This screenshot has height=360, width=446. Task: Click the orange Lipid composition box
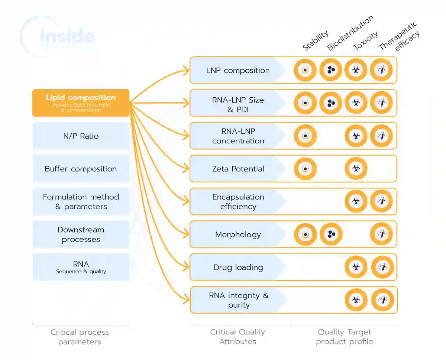click(81, 103)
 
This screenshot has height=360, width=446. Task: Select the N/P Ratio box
click(81, 136)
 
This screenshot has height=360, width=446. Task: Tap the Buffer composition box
click(81, 169)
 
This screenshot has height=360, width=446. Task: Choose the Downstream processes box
click(81, 234)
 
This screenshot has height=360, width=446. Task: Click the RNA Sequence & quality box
click(81, 267)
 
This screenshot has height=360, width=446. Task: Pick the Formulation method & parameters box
click(81, 202)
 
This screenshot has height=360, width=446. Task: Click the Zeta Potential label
click(238, 169)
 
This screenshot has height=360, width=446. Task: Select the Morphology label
click(238, 234)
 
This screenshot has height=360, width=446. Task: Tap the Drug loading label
click(238, 267)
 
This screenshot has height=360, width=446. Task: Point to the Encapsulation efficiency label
click(238, 202)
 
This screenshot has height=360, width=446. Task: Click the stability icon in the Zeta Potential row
click(305, 169)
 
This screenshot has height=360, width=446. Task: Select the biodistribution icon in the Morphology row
click(331, 234)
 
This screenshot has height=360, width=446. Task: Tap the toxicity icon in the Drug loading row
click(356, 267)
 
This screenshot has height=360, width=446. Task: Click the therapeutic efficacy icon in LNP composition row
click(381, 70)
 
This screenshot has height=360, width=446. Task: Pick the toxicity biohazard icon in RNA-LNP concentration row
click(356, 136)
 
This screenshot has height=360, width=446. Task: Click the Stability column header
click(316, 40)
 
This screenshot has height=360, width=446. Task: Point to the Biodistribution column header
click(350, 33)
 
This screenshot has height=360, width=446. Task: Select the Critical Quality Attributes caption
click(237, 337)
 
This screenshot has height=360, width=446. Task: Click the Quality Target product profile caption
click(344, 337)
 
